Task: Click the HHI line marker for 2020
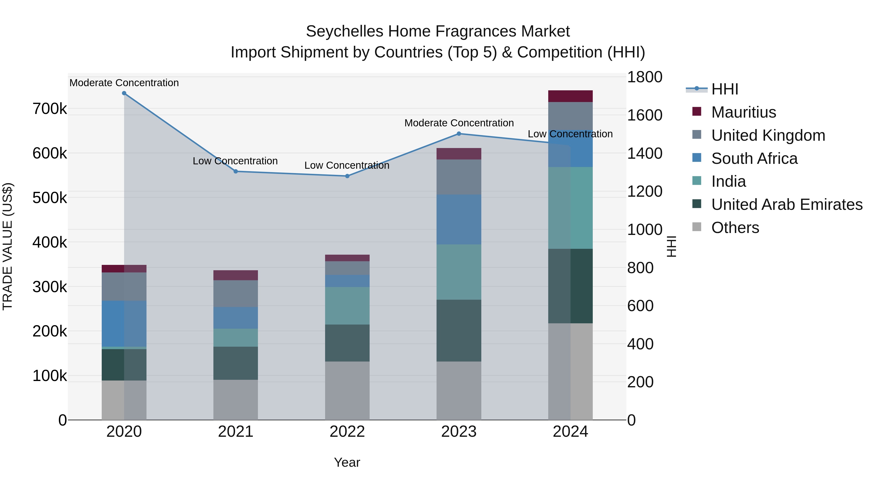click(x=124, y=93)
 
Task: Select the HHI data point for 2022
click(x=347, y=176)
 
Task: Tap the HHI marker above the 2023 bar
click(x=459, y=134)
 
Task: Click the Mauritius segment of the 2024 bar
click(x=570, y=96)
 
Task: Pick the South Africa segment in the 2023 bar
click(x=459, y=219)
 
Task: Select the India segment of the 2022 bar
click(x=347, y=306)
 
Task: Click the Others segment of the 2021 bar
click(x=236, y=400)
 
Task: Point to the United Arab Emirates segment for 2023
click(x=459, y=330)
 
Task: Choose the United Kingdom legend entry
click(x=768, y=135)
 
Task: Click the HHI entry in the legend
click(x=724, y=89)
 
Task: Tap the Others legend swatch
click(x=697, y=227)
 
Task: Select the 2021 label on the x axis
click(x=236, y=432)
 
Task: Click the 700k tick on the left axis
click(x=50, y=109)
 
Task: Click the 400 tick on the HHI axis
click(x=640, y=344)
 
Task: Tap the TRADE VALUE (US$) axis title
click(x=8, y=246)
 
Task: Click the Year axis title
click(x=347, y=462)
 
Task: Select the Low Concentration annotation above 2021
click(x=235, y=161)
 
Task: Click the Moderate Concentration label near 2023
click(x=459, y=123)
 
